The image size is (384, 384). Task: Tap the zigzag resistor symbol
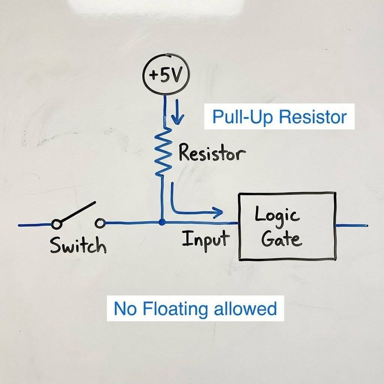(163, 152)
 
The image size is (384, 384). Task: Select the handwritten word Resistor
(212, 153)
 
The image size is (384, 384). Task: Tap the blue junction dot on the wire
(162, 222)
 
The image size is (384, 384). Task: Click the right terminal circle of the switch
(100, 223)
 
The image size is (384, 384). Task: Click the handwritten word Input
(206, 239)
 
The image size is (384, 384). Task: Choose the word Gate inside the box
(281, 239)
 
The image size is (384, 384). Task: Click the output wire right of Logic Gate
(352, 226)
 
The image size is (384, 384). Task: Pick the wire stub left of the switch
(34, 225)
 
